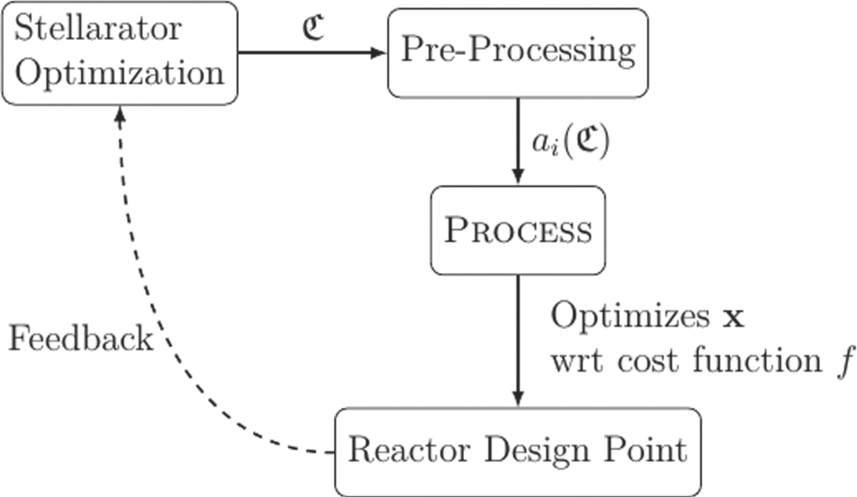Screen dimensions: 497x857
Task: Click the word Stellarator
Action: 99,28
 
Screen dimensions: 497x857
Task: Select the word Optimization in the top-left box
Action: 120,72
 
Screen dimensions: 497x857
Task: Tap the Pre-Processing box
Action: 517,51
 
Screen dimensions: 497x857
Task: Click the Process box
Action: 518,231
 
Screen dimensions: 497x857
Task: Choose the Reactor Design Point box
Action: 517,451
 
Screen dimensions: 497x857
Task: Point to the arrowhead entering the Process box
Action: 518,178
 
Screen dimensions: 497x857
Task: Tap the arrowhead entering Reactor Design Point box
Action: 518,400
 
